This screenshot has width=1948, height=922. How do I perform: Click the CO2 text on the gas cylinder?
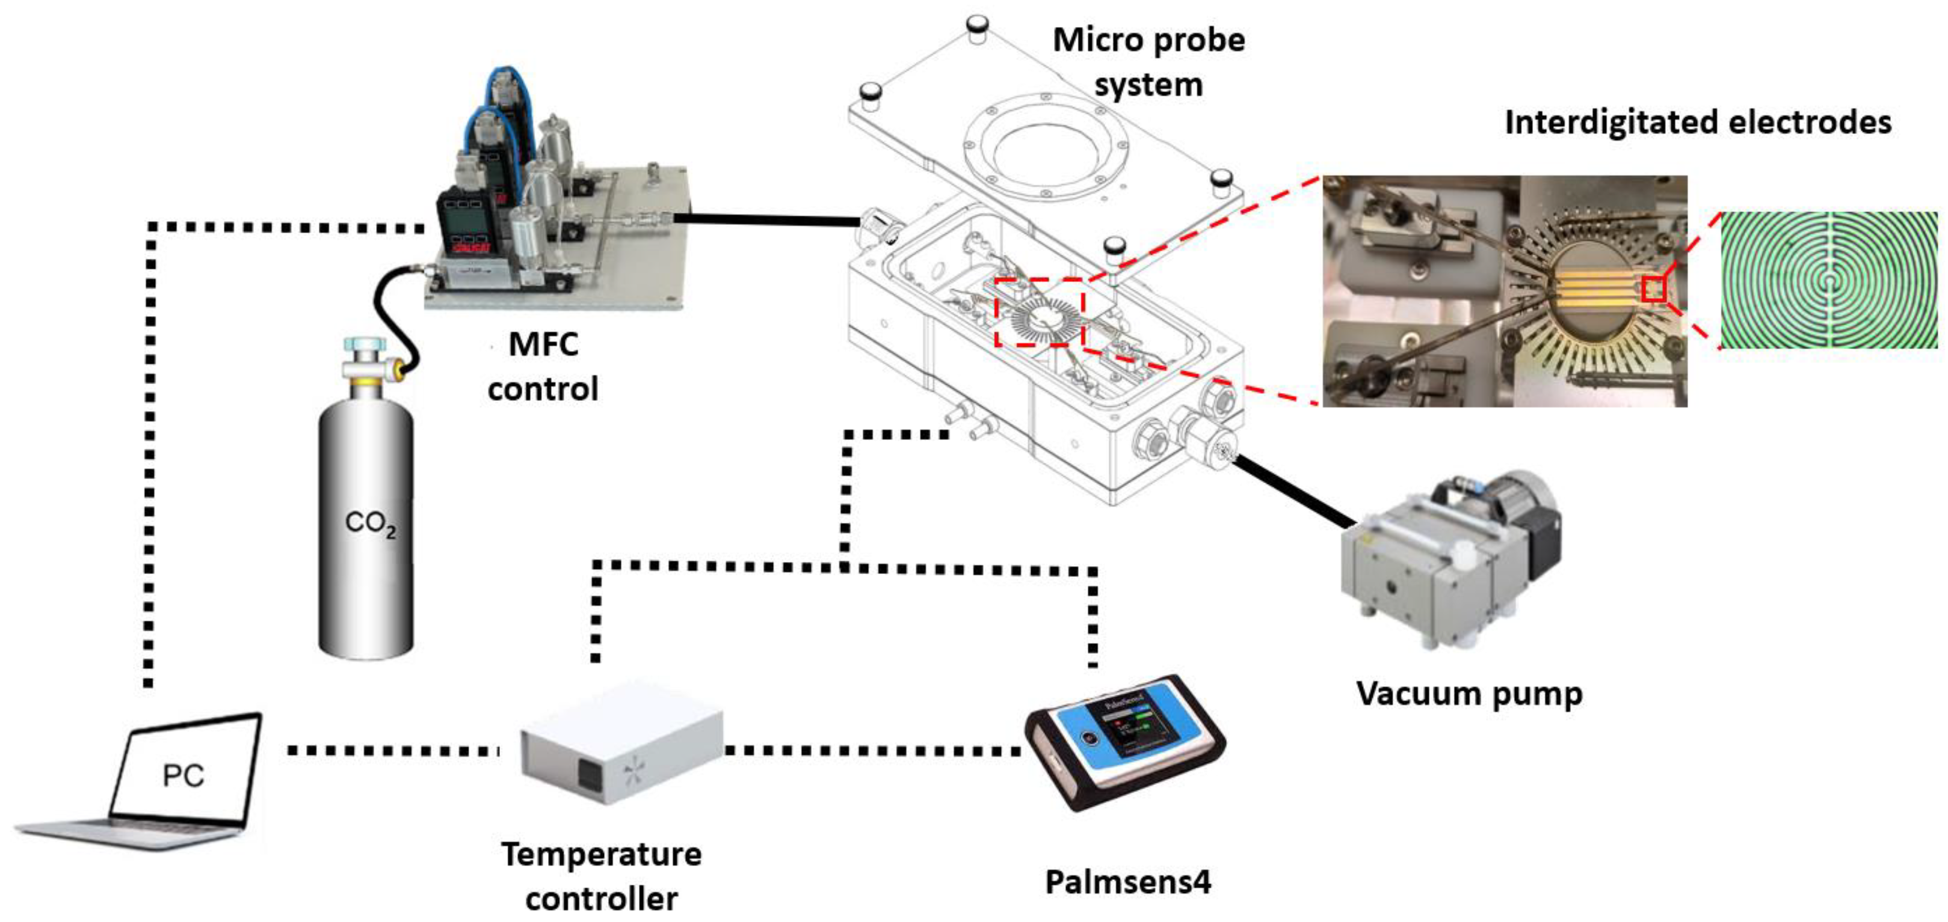pyautogui.click(x=370, y=523)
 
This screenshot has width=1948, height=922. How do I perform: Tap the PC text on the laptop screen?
pyautogui.click(x=183, y=775)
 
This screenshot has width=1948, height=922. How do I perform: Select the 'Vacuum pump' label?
pyautogui.click(x=1469, y=694)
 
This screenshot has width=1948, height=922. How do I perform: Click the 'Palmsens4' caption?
pyautogui.click(x=1127, y=881)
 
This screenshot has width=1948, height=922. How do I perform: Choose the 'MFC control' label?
pyautogui.click(x=543, y=367)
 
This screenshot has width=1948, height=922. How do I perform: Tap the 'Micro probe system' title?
pyautogui.click(x=1148, y=62)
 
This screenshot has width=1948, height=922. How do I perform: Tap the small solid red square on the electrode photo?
pyautogui.click(x=1654, y=289)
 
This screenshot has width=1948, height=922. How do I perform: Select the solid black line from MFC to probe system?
pyautogui.click(x=764, y=220)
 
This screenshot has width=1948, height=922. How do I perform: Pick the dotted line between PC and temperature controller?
pyautogui.click(x=393, y=751)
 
